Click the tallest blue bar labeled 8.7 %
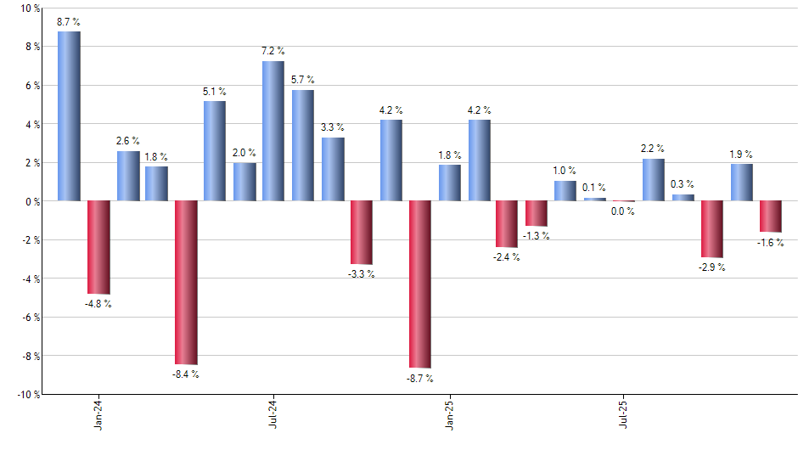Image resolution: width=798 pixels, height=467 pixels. (x=69, y=116)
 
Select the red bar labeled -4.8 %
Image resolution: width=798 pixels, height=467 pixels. (x=98, y=247)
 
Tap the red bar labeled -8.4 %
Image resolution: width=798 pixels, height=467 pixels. (x=186, y=282)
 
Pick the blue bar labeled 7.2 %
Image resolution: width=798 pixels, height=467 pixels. (x=273, y=131)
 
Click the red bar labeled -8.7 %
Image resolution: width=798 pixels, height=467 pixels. (x=420, y=284)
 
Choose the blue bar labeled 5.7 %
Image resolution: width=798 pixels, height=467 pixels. (x=303, y=145)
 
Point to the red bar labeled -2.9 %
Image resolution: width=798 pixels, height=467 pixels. (x=712, y=228)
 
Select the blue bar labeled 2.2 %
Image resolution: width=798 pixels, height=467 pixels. (x=654, y=180)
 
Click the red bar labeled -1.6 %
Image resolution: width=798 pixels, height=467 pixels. (x=771, y=216)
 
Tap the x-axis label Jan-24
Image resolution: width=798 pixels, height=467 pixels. (x=98, y=414)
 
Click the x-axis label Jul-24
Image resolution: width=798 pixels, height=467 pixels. (x=273, y=414)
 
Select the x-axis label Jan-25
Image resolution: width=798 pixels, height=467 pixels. (x=449, y=414)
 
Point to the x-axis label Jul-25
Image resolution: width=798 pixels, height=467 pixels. (x=624, y=414)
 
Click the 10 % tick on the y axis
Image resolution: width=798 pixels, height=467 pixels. (x=31, y=8)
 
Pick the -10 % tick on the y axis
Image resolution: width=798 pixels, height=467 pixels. (x=29, y=395)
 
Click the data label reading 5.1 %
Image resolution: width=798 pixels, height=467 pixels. (x=215, y=92)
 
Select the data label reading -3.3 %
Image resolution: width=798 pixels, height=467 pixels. (x=362, y=273)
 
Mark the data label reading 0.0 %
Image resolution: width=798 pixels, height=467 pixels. (x=624, y=211)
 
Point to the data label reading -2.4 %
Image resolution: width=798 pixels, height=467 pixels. (x=508, y=256)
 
